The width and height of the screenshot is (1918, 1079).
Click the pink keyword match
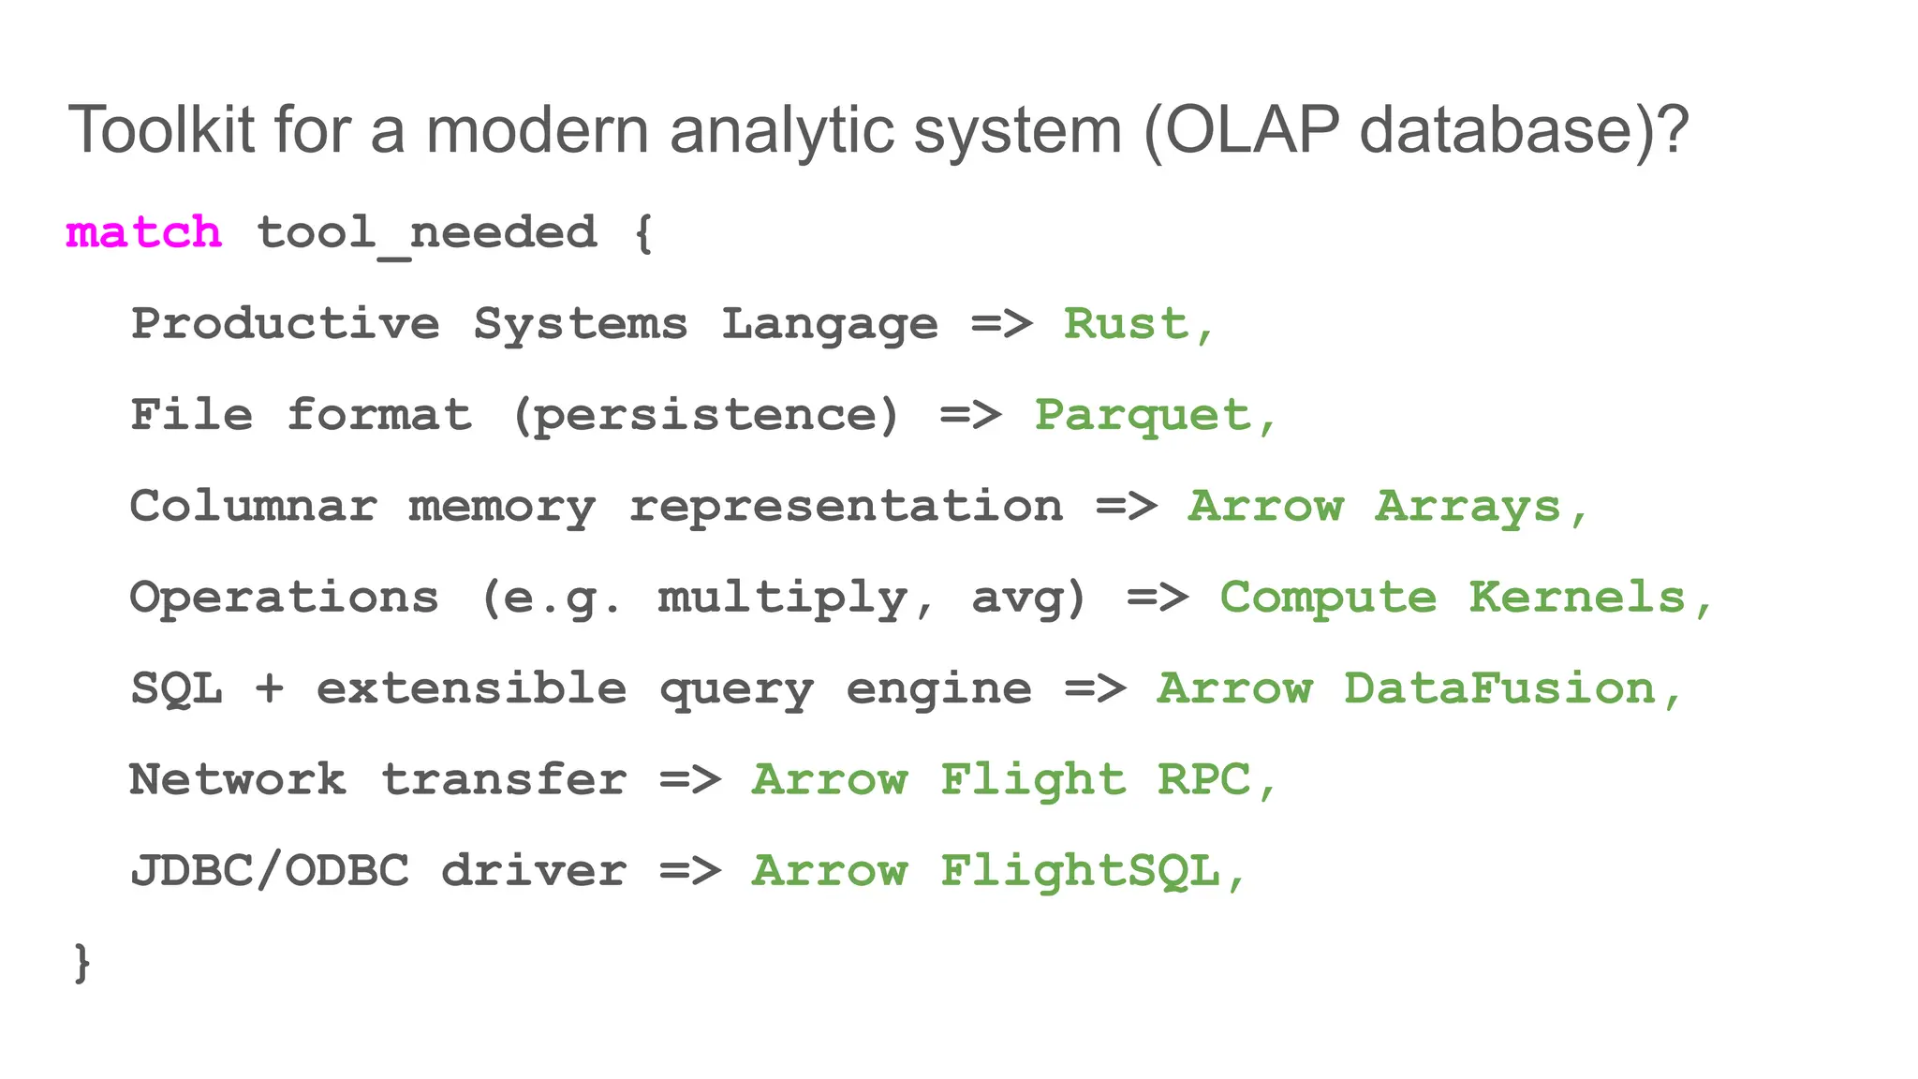tap(143, 232)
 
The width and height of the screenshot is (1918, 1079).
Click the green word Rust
tap(1126, 324)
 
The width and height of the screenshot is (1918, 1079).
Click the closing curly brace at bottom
tap(82, 962)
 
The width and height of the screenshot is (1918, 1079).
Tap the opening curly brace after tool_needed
tap(642, 233)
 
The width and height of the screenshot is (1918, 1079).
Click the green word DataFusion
tap(1499, 688)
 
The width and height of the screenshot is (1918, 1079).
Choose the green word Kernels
tap(1576, 598)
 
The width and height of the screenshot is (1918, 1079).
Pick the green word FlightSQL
tap(1080, 871)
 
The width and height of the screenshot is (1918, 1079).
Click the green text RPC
tap(1203, 779)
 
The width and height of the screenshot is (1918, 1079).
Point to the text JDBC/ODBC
tap(270, 871)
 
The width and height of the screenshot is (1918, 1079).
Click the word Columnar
tap(253, 507)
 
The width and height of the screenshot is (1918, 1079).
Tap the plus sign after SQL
tap(269, 689)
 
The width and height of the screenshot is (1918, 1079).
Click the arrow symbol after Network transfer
tap(689, 779)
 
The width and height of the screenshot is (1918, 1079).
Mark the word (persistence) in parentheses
tap(706, 416)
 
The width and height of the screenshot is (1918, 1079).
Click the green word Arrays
tap(1468, 508)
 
